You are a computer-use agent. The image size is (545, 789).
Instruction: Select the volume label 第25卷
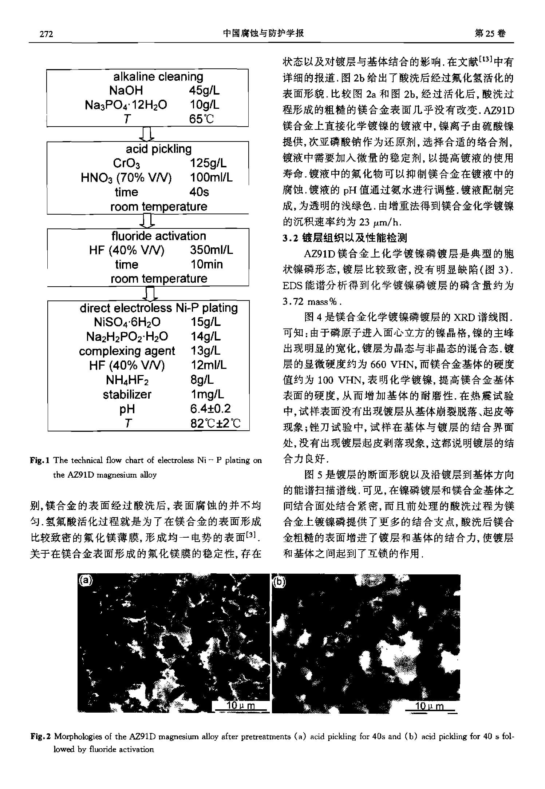490,33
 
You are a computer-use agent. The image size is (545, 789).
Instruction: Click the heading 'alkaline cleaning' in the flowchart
158,76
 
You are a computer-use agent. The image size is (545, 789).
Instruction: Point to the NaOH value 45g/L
204,91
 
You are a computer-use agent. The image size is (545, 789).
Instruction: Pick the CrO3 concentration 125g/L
208,163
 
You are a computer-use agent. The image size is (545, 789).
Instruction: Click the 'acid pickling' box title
158,149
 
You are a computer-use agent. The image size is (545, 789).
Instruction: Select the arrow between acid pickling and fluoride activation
147,221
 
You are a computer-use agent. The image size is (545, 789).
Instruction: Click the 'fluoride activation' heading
158,236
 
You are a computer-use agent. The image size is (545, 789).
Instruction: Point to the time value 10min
206,264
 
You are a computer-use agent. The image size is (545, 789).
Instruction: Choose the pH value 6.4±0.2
210,409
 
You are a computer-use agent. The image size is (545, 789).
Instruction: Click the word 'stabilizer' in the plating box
127,394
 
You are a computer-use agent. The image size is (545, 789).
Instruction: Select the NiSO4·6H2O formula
127,322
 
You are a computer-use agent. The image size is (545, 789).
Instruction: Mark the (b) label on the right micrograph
279,582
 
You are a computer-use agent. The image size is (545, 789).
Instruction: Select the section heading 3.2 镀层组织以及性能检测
345,238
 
